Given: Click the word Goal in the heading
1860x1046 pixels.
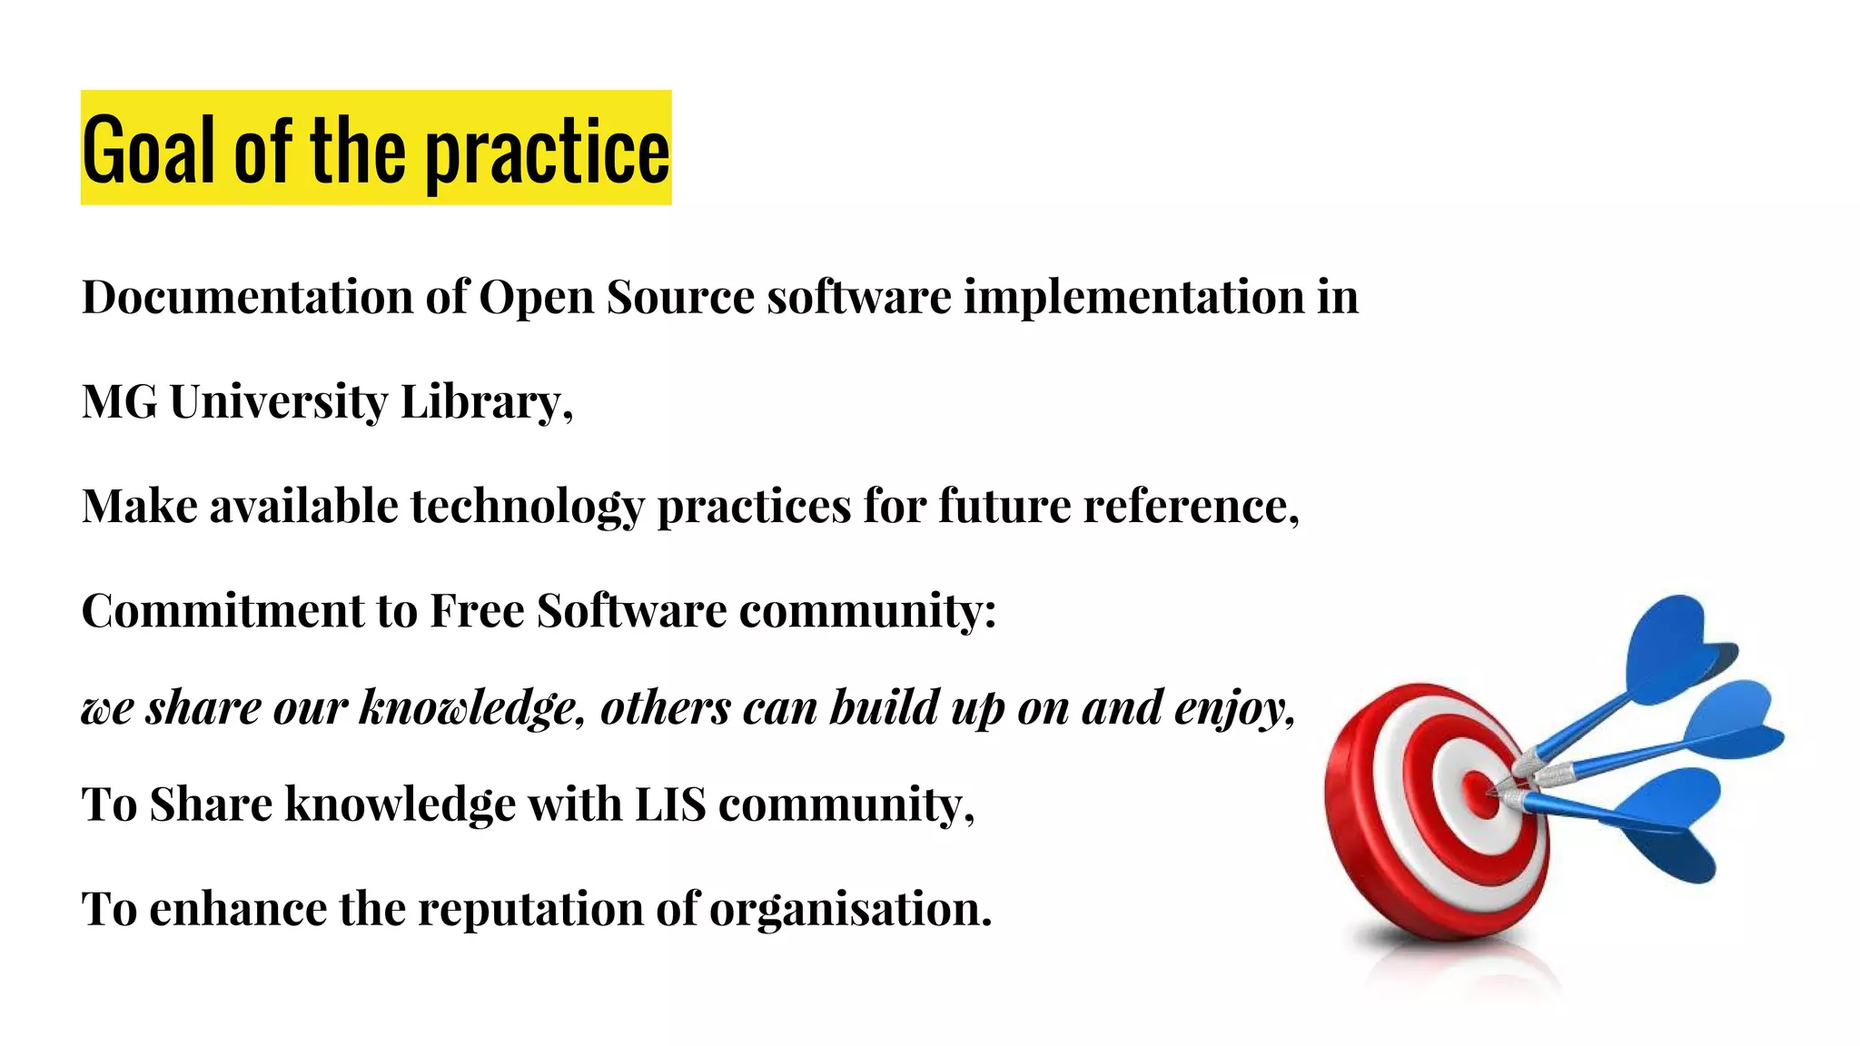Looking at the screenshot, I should (x=150, y=150).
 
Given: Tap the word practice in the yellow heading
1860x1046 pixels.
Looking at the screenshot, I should (x=548, y=153).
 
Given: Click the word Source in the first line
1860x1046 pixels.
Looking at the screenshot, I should (x=680, y=297).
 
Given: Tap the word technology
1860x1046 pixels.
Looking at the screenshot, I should (x=527, y=506).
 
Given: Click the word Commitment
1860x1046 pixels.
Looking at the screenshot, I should (x=222, y=610).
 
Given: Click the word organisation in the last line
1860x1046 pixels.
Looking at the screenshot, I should (x=849, y=909).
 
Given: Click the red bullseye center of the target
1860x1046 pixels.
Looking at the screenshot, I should (x=1479, y=792).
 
